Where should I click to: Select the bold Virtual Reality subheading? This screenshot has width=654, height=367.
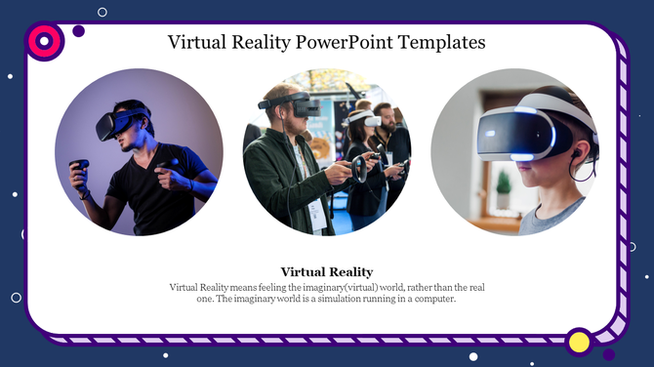coord(327,271)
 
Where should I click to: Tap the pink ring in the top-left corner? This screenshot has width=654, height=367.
coord(44,40)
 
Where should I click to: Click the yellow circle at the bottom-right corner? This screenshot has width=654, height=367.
coord(579,342)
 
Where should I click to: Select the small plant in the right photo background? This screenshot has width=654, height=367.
coord(504,182)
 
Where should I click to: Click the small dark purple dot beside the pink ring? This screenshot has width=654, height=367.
coord(79,31)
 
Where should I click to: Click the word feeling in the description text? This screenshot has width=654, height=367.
coord(264,287)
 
